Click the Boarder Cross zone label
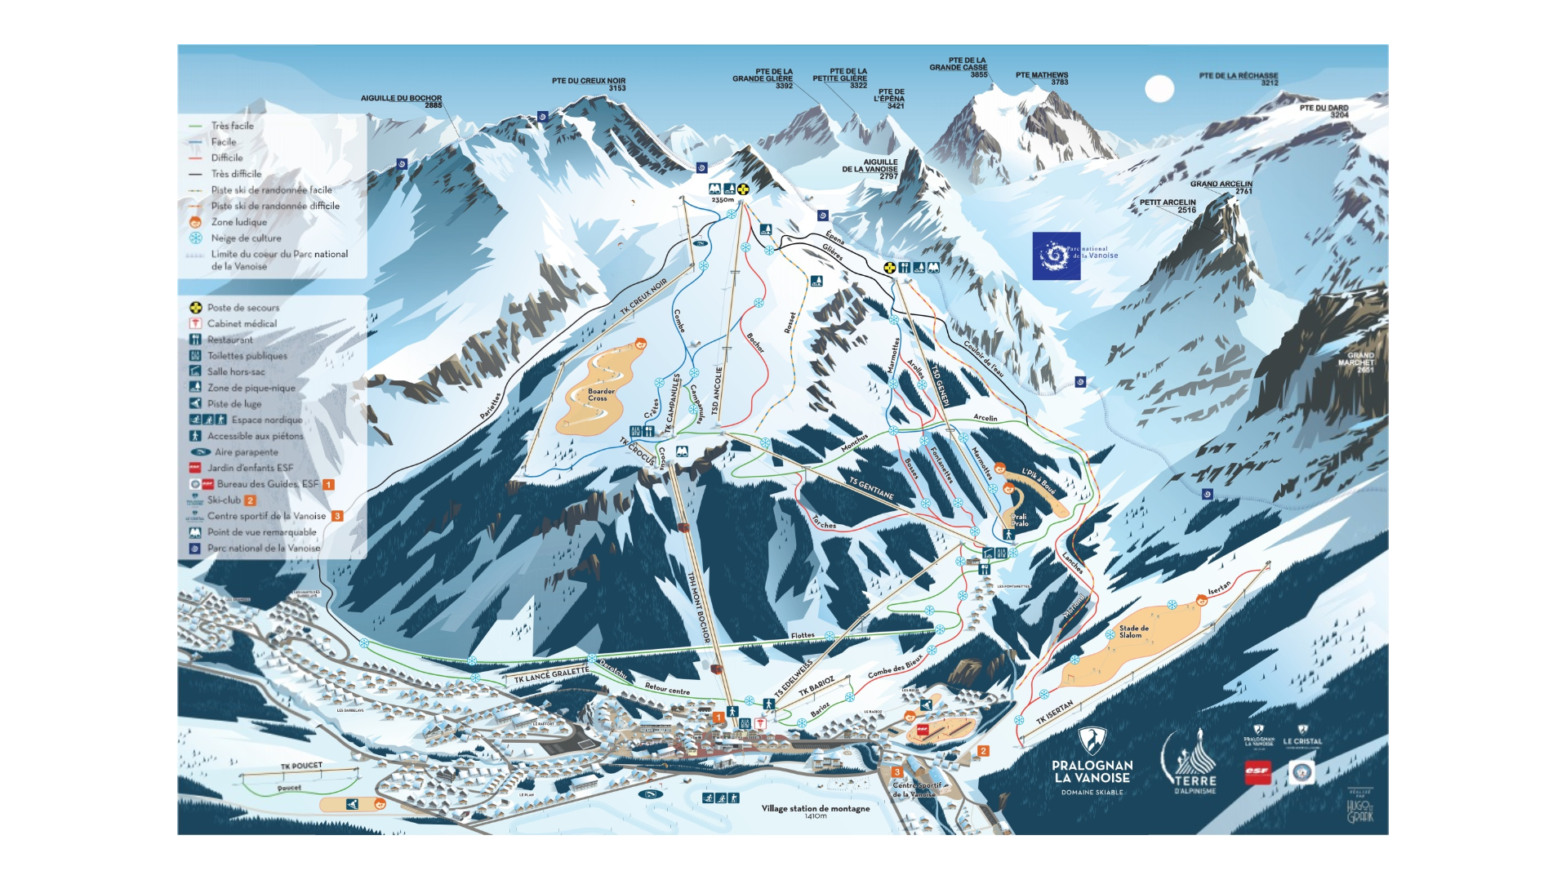(x=601, y=394)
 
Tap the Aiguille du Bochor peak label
(x=401, y=101)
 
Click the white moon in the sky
(x=1159, y=88)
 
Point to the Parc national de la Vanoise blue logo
(x=1057, y=256)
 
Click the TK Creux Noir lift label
(x=643, y=296)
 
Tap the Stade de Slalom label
(x=1133, y=631)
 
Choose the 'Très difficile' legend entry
(x=236, y=174)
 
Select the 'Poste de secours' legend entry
(x=242, y=308)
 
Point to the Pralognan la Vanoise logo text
(x=1092, y=771)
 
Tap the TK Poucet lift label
(x=301, y=766)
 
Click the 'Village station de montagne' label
(x=815, y=809)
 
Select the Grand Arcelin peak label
(x=1221, y=187)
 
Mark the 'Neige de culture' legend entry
(x=246, y=238)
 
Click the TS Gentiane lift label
(x=870, y=488)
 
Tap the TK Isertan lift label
(x=1054, y=713)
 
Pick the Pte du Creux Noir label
(x=589, y=84)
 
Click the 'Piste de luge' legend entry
(x=234, y=403)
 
